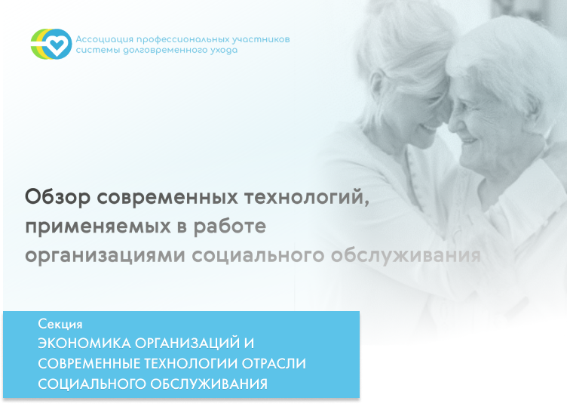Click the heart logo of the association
point(51,44)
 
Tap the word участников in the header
point(261,39)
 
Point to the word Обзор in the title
point(58,198)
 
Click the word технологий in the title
point(307,198)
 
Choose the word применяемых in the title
point(98,227)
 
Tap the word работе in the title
point(230,227)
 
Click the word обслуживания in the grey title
point(406,255)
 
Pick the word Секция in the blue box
point(60,324)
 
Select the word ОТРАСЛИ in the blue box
point(274,364)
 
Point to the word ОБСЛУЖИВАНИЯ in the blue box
point(209,384)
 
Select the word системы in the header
point(98,51)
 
